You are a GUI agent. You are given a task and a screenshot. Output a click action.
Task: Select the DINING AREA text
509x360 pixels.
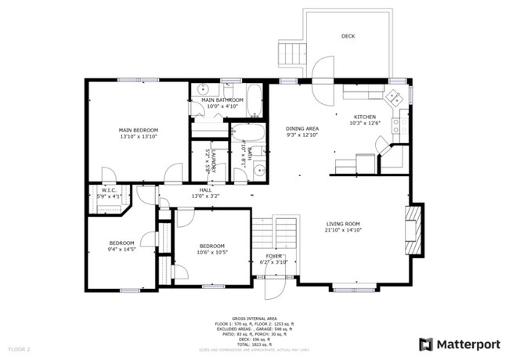[x=301, y=128]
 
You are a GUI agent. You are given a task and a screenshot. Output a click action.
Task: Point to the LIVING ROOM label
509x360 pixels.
[x=344, y=224]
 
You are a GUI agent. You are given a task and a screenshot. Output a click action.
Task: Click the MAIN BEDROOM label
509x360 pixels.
[x=139, y=130]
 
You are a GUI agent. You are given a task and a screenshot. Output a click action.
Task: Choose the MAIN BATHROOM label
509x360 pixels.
[x=222, y=100]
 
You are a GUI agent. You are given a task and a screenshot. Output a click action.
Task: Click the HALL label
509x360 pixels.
[x=205, y=189]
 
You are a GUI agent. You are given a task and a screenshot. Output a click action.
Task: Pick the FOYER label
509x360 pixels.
[x=274, y=256]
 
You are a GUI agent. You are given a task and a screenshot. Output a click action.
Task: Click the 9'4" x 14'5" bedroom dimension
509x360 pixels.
[x=121, y=250]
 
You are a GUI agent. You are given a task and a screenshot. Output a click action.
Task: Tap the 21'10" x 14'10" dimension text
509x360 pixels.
[x=344, y=231]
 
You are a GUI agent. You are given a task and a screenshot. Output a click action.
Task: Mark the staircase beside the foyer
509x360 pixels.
[x=276, y=232]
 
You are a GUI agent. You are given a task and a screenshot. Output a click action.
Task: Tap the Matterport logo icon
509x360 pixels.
[x=426, y=344]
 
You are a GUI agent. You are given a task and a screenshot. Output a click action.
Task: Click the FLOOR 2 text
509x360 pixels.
[x=19, y=348]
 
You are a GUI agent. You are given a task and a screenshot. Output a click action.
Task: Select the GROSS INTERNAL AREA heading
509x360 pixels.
[x=254, y=318]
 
